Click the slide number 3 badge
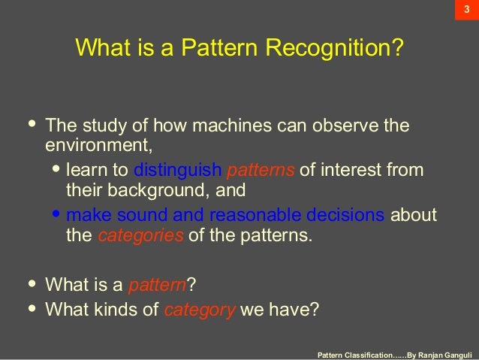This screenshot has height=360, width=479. pyautogui.click(x=465, y=10)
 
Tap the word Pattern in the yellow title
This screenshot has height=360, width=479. pyautogui.click(x=224, y=50)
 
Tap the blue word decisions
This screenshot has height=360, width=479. pyautogui.click(x=346, y=216)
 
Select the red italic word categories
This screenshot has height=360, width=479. pyautogui.click(x=140, y=235)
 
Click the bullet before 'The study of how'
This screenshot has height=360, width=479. pyautogui.click(x=31, y=124)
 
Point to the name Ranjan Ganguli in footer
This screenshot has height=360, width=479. pyautogui.click(x=444, y=352)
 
